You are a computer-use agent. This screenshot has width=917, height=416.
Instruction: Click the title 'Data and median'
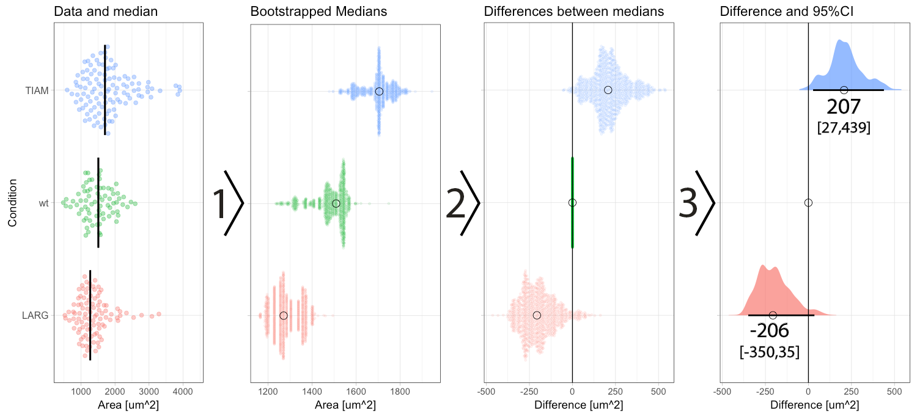point(106,12)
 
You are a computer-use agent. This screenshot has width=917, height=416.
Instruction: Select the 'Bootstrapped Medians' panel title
point(319,12)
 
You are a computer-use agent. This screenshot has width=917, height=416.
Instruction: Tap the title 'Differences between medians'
point(574,12)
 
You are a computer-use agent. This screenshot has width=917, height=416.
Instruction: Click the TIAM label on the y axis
point(37,91)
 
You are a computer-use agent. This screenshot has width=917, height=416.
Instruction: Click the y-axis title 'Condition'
point(13,203)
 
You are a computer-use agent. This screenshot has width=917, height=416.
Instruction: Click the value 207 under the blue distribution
point(844,108)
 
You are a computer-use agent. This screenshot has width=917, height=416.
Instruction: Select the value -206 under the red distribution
point(769,330)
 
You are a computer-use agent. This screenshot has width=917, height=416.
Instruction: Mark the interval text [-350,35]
point(769,352)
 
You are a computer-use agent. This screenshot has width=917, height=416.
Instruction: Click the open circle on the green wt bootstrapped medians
point(336,203)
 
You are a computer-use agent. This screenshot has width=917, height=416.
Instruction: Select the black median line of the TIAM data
point(105,90)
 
